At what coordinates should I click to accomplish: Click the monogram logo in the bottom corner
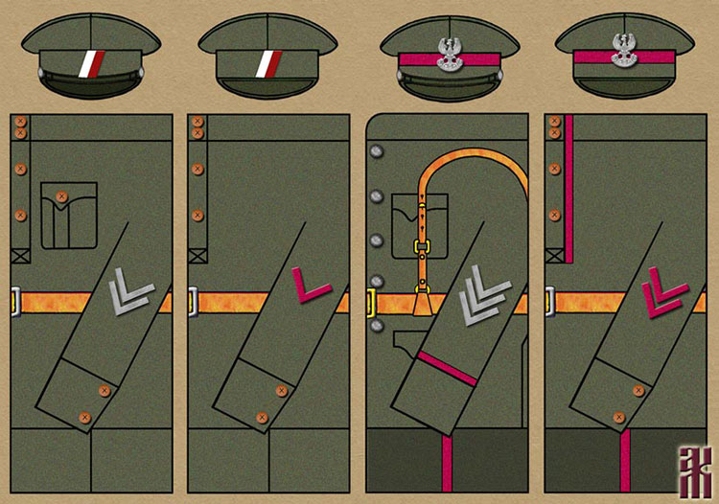click(692, 471)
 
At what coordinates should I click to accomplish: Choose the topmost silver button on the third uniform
click(376, 150)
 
